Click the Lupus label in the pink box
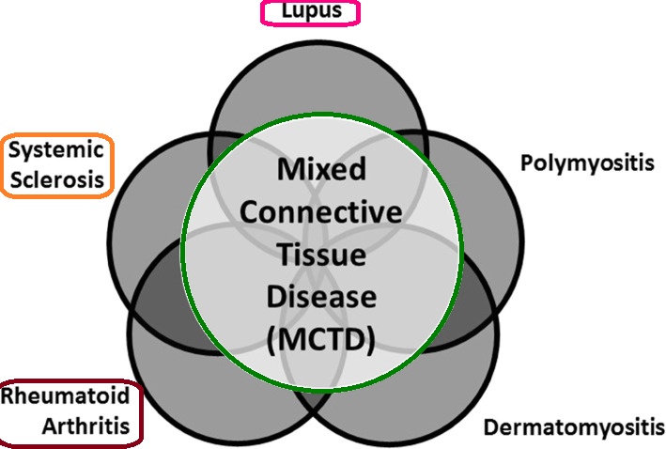click(x=308, y=11)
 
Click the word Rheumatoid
click(x=65, y=398)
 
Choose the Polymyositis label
click(x=587, y=163)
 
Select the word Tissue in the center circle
click(x=322, y=254)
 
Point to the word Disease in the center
click(x=322, y=296)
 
